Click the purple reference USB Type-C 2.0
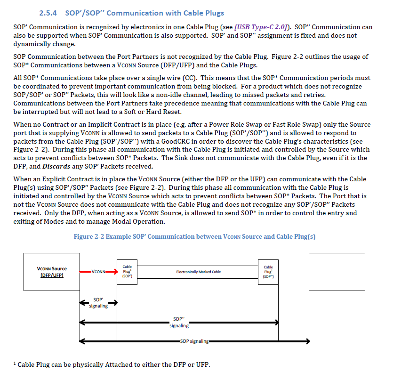tap(263, 27)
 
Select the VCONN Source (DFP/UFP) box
tap(52, 272)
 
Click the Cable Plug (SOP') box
tap(127, 272)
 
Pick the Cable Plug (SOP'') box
tap(268, 272)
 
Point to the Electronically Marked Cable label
tap(198, 272)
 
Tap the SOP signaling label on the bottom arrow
tap(194, 341)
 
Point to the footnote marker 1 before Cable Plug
tap(15, 363)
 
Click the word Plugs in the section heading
tap(212, 13)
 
